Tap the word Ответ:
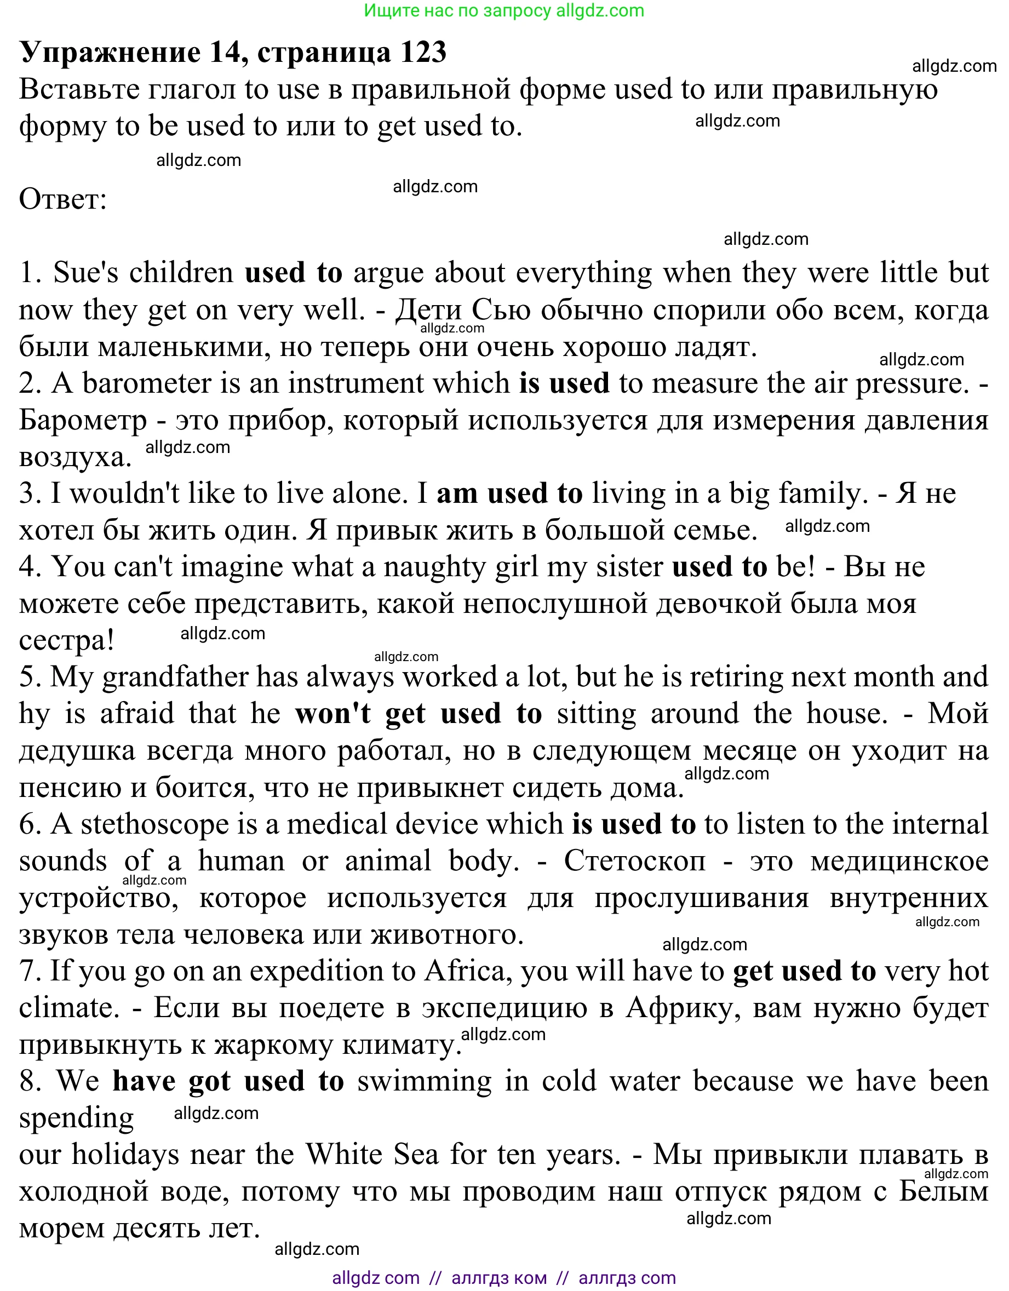click(62, 199)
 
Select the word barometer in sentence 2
click(147, 383)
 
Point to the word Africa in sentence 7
click(469, 971)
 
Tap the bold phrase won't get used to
click(418, 714)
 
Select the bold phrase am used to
click(509, 494)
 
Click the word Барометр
click(83, 421)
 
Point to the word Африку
click(679, 1008)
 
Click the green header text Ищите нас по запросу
click(457, 10)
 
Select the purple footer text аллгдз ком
click(499, 1278)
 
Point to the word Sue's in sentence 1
click(85, 273)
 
